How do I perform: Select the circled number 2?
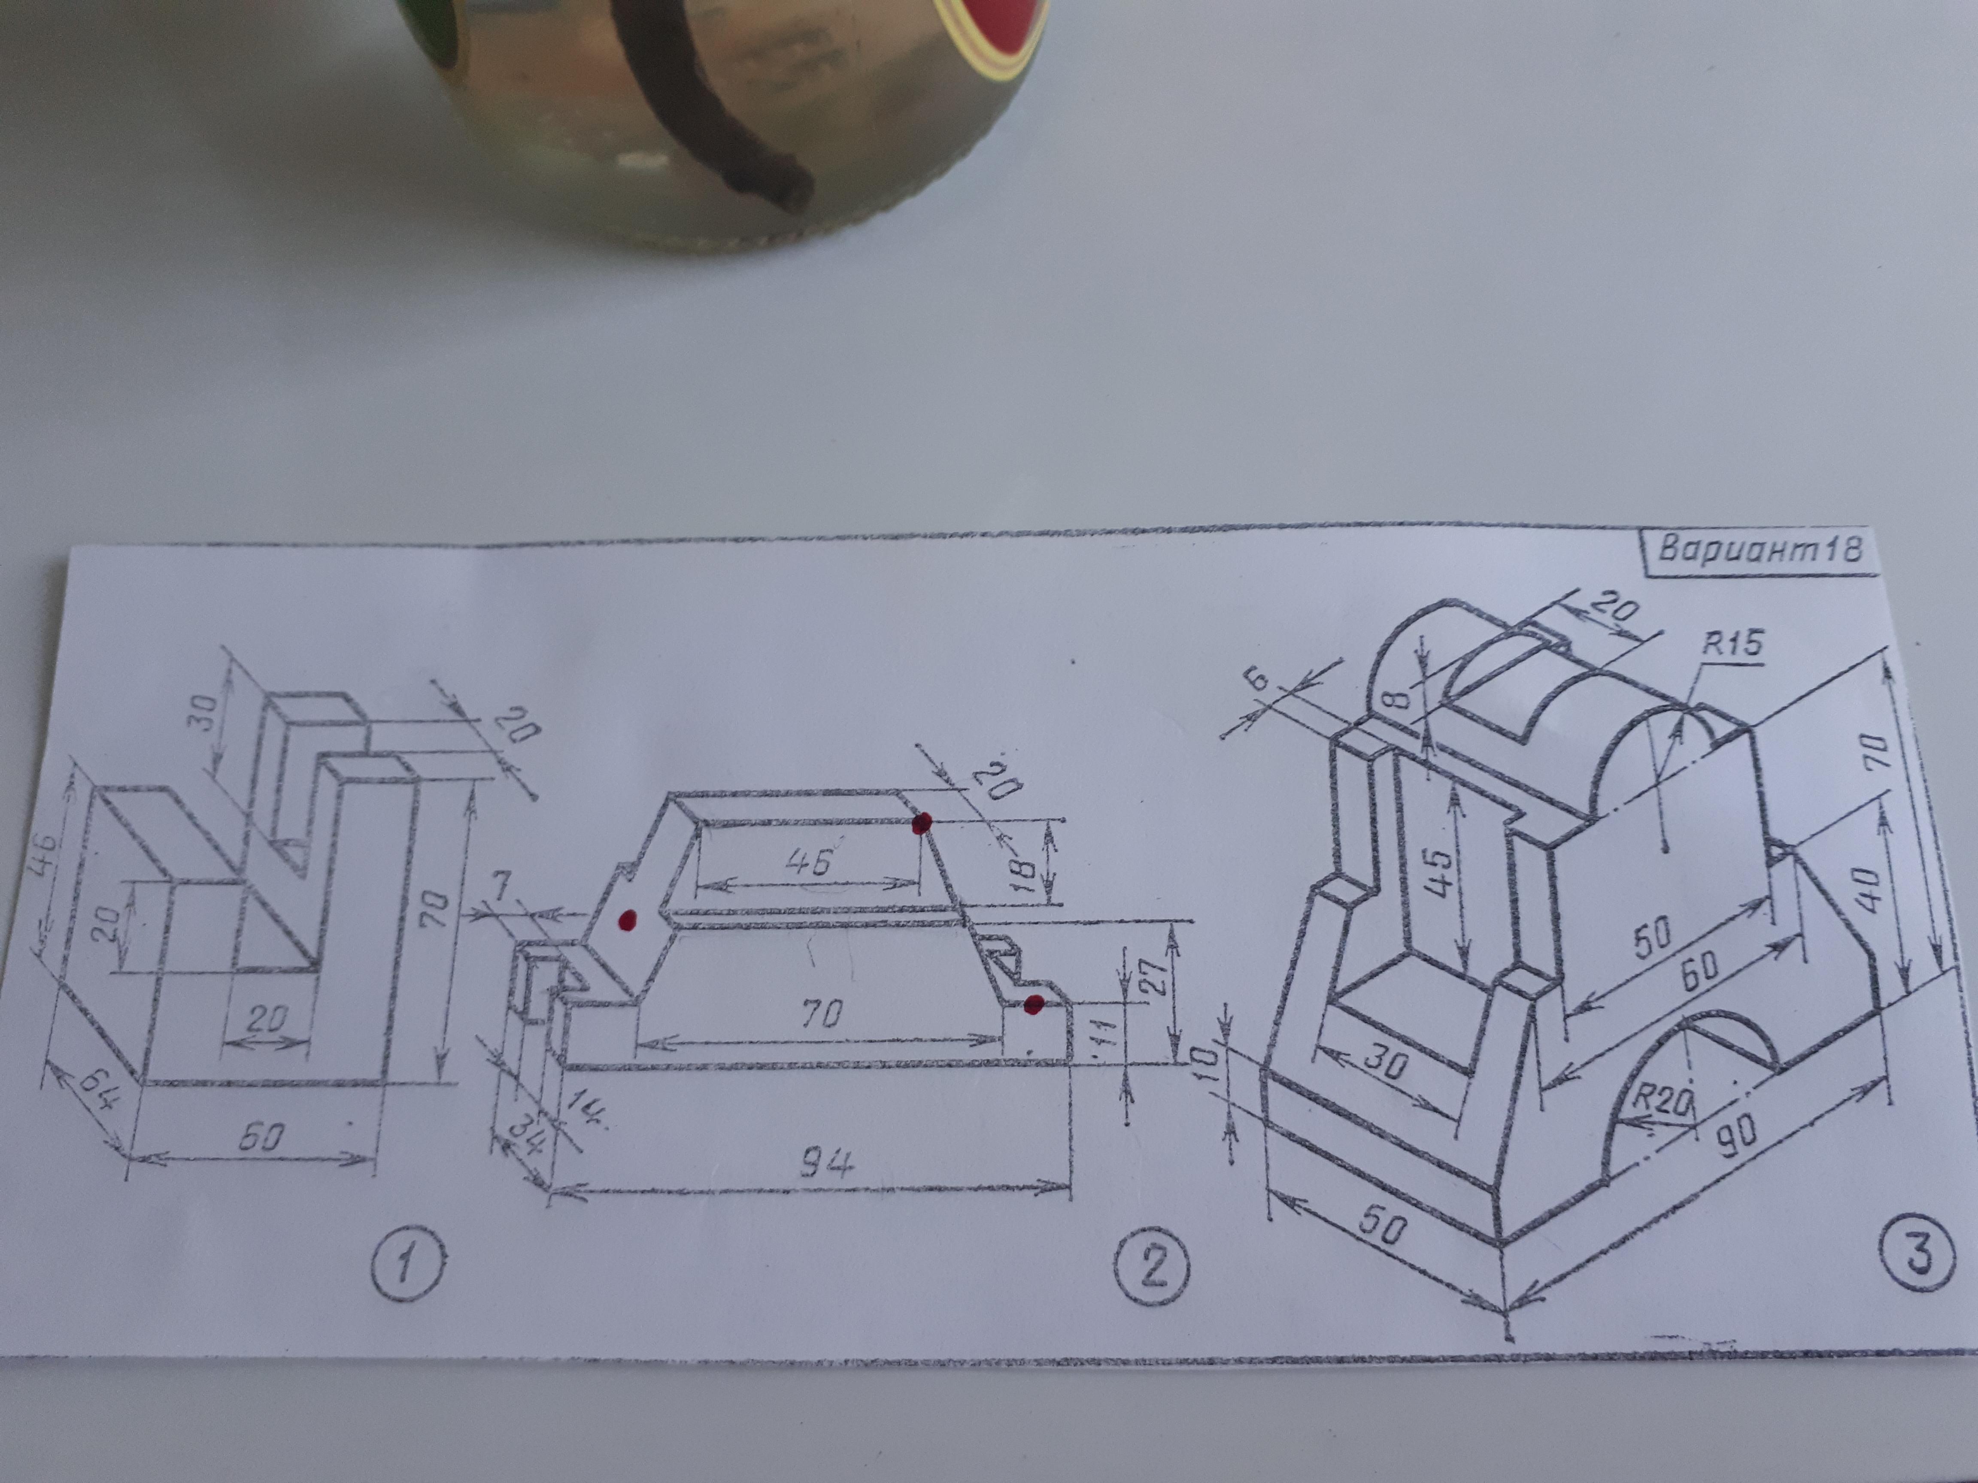click(1153, 1268)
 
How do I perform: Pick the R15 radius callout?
click(1732, 643)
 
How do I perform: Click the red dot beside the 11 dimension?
click(1034, 1004)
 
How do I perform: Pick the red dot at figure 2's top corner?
click(922, 823)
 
